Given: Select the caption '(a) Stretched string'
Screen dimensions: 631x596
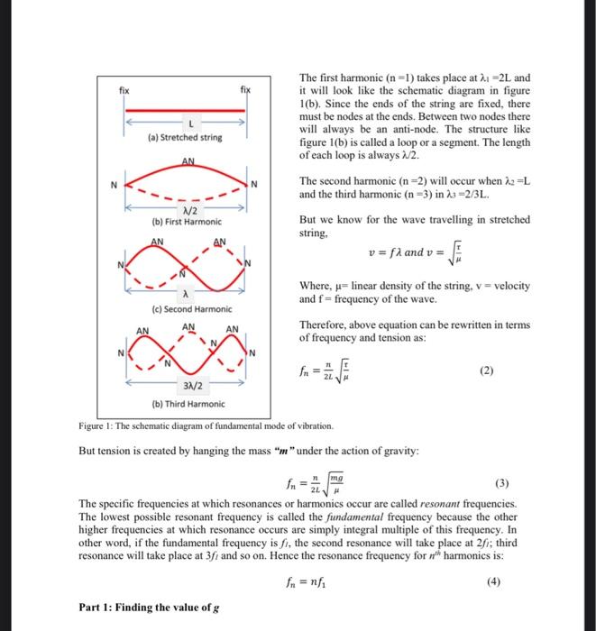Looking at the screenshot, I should pyautogui.click(x=185, y=139).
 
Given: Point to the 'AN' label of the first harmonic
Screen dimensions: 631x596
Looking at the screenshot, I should pyautogui.click(x=188, y=161).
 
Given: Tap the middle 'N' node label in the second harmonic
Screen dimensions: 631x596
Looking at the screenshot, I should pyautogui.click(x=182, y=272).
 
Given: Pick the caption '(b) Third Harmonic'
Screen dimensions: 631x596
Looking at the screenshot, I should pyautogui.click(x=189, y=405).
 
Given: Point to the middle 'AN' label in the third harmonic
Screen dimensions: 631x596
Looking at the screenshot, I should pyautogui.click(x=188, y=327).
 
